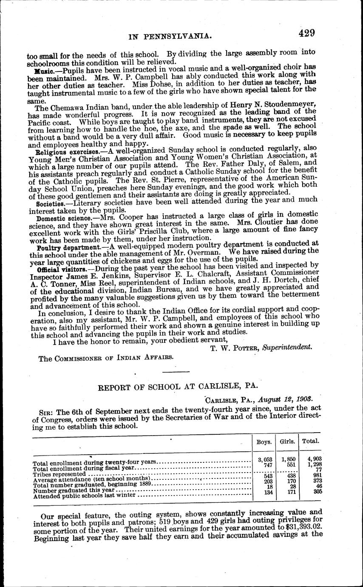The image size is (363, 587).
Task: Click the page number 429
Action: (x=306, y=34)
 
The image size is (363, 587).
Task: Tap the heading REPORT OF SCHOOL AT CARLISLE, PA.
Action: (x=178, y=388)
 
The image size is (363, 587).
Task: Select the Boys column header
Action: (x=264, y=442)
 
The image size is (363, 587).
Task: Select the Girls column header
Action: (x=287, y=442)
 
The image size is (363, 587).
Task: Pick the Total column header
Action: (x=311, y=442)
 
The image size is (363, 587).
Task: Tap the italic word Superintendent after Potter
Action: (x=287, y=347)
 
